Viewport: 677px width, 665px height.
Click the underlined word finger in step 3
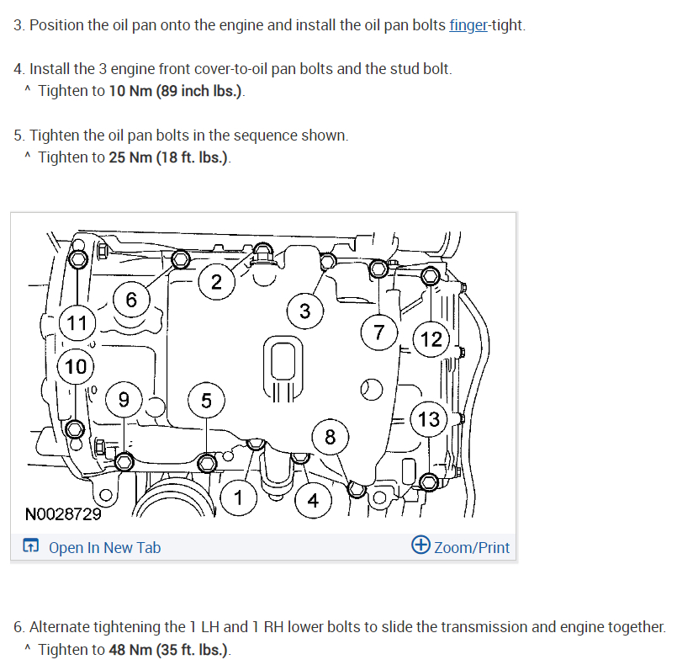pyautogui.click(x=468, y=25)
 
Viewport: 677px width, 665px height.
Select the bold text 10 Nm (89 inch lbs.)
pyautogui.click(x=177, y=91)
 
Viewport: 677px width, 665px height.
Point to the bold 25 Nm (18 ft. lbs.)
pyautogui.click(x=168, y=157)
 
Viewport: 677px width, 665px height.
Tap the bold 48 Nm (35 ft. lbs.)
pyautogui.click(x=168, y=650)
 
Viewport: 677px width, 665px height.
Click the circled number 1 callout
pyautogui.click(x=239, y=498)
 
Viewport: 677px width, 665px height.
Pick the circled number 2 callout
pyautogui.click(x=217, y=282)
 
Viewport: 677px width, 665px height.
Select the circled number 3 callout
pyautogui.click(x=304, y=311)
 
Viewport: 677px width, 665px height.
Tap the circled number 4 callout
pyautogui.click(x=313, y=501)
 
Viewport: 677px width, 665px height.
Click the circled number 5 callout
pyautogui.click(x=206, y=401)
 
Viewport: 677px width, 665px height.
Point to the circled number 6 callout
pyautogui.click(x=131, y=300)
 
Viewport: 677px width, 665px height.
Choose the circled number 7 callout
pyautogui.click(x=379, y=332)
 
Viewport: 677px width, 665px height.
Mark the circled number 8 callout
pyautogui.click(x=330, y=437)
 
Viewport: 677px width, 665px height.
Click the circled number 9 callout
pyautogui.click(x=124, y=400)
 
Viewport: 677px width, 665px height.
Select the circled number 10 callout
pyautogui.click(x=76, y=366)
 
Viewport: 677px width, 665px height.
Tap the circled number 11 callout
pyautogui.click(x=77, y=322)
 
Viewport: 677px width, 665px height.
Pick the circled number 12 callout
pyautogui.click(x=431, y=338)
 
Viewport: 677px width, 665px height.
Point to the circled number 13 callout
pyautogui.click(x=429, y=418)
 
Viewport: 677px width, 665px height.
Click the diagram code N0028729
pyautogui.click(x=63, y=513)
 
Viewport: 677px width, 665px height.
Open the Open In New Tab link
pyautogui.click(x=104, y=548)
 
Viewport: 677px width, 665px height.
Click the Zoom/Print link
pyautogui.click(x=471, y=548)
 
